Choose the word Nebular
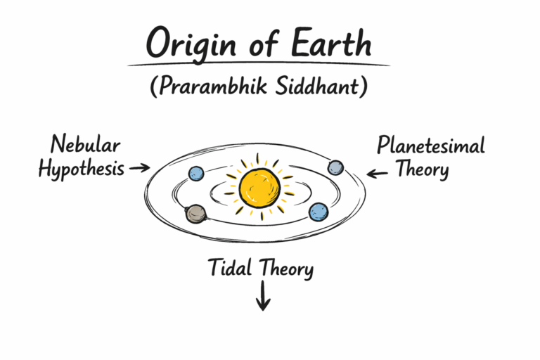pyautogui.click(x=85, y=146)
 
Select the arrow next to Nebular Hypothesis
pyautogui.click(x=140, y=168)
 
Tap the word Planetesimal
pyautogui.click(x=430, y=146)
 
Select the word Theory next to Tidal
pyautogui.click(x=285, y=269)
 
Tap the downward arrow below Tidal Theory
pyautogui.click(x=263, y=296)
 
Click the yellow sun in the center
pyautogui.click(x=259, y=186)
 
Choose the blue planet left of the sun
pyautogui.click(x=196, y=172)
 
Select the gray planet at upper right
pyautogui.click(x=336, y=167)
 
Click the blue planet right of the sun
pyautogui.click(x=319, y=212)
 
